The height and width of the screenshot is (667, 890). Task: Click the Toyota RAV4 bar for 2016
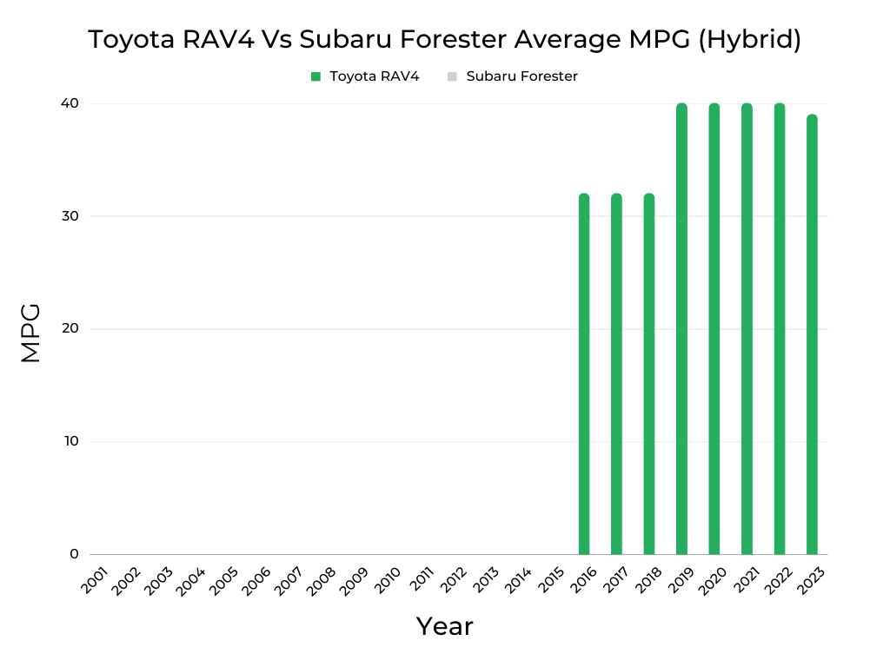pyautogui.click(x=584, y=373)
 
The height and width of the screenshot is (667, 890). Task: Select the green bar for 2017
pyautogui.click(x=616, y=373)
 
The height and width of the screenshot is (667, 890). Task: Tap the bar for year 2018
pyautogui.click(x=649, y=373)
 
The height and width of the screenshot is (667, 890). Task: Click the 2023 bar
pyautogui.click(x=812, y=334)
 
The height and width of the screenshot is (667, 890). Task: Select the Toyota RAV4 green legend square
pyautogui.click(x=316, y=76)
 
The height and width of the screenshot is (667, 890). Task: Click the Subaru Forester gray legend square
pyautogui.click(x=452, y=76)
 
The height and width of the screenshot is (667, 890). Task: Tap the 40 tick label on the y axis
pyautogui.click(x=70, y=103)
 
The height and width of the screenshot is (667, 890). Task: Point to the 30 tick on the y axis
pyautogui.click(x=70, y=216)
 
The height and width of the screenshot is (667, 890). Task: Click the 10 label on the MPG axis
pyautogui.click(x=70, y=441)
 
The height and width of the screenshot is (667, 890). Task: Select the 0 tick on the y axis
pyautogui.click(x=74, y=554)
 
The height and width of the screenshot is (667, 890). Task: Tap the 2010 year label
pyautogui.click(x=388, y=581)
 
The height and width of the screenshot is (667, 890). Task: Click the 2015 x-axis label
pyautogui.click(x=550, y=581)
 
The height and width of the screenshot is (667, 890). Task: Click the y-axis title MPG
pyautogui.click(x=30, y=333)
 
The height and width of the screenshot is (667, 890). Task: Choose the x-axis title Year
pyautogui.click(x=444, y=626)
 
